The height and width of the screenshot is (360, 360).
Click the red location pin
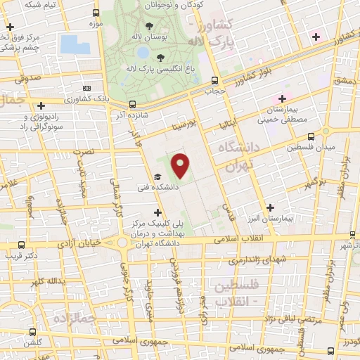coord(181,166)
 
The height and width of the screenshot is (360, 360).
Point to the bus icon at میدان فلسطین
coord(326,132)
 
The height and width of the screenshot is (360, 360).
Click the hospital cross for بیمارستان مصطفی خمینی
coord(283,98)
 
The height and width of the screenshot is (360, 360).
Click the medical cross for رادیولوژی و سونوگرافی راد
coord(41,105)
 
